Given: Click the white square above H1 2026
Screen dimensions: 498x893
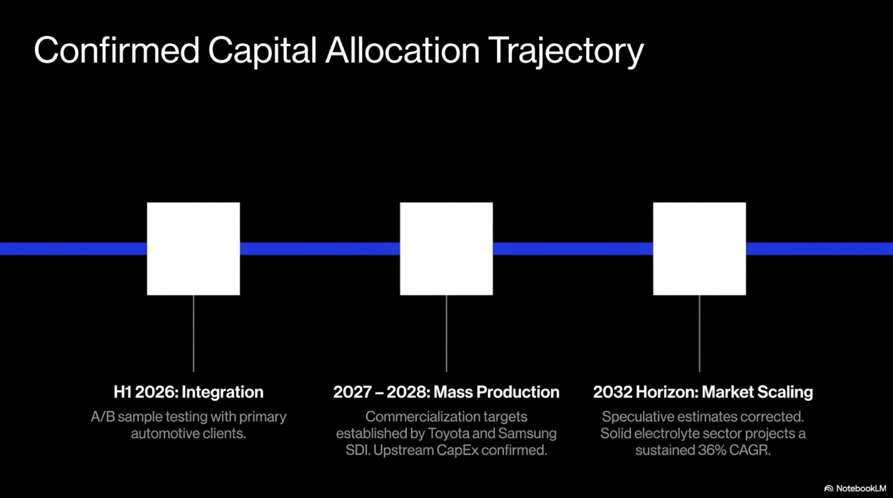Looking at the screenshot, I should (193, 249).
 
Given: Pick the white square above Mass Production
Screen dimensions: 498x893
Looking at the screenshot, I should (446, 249).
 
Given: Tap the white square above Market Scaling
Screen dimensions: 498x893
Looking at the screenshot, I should (699, 249).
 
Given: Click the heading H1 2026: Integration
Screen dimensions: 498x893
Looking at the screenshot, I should (188, 392).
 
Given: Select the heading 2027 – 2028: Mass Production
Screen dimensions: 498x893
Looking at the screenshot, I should (446, 392).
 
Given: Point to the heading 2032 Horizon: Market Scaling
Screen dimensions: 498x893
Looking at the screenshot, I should (703, 392).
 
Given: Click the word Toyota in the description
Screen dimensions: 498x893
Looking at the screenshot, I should (448, 434).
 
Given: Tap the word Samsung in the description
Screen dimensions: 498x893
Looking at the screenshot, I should (527, 434).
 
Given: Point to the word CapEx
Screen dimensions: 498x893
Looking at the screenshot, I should (457, 450).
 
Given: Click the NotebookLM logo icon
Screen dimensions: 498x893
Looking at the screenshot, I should (829, 489).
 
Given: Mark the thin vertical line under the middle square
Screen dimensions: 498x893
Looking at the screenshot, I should (446, 334).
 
